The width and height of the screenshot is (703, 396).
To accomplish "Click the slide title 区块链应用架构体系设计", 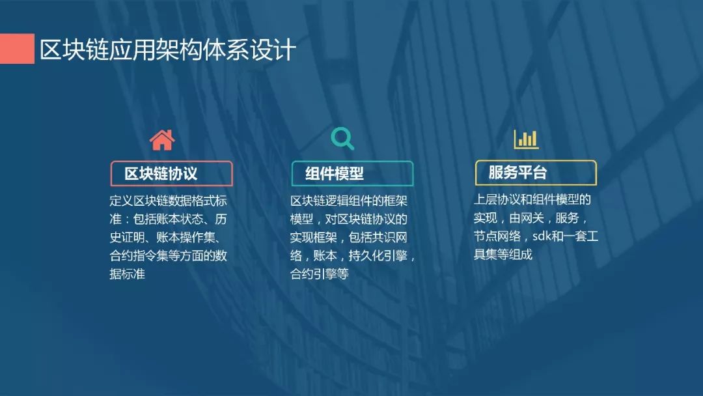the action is click(168, 49).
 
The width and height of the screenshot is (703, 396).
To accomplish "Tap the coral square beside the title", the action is click(17, 48).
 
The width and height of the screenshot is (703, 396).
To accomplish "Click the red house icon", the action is click(162, 140).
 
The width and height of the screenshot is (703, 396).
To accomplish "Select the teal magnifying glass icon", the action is click(342, 139).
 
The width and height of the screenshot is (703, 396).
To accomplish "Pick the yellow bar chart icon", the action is click(526, 139).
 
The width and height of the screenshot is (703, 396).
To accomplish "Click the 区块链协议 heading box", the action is click(171, 173).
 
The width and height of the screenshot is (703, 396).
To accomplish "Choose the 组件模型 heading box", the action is click(352, 173).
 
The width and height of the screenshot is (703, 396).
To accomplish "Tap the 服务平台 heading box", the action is click(536, 173).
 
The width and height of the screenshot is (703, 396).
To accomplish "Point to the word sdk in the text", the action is click(542, 236).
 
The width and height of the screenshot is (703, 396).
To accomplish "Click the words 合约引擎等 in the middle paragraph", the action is click(319, 274).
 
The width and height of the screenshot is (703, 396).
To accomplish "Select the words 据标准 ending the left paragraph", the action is click(128, 274).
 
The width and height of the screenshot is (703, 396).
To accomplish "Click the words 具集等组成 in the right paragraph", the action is click(503, 254).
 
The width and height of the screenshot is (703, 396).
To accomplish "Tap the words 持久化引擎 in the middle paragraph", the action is click(378, 255).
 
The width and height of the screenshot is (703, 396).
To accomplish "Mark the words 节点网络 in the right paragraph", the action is click(497, 236).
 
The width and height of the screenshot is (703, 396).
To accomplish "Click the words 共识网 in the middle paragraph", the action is click(390, 237).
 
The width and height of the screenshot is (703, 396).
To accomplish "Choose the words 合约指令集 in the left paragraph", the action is click(139, 255).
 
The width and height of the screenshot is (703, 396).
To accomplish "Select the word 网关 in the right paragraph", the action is click(532, 218).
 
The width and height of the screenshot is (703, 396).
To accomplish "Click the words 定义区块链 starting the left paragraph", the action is click(139, 201).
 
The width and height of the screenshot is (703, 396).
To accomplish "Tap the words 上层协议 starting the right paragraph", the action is click(497, 199).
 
